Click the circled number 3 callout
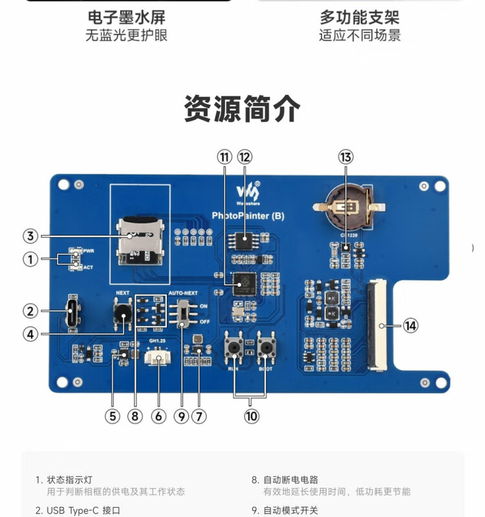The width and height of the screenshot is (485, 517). click(30, 236)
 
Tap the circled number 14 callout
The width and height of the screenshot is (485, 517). click(411, 325)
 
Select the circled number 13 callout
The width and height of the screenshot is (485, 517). click(346, 156)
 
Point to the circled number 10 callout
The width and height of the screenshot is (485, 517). click(252, 416)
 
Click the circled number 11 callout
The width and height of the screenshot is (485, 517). click(224, 156)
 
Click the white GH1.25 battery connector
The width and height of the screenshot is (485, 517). click(159, 357)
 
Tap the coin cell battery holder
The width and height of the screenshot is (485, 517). click(348, 206)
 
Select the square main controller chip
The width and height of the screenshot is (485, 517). click(244, 283)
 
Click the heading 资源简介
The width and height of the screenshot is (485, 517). click(242, 109)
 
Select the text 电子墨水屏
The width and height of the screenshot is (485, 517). click(126, 16)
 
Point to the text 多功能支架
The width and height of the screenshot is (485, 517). click(360, 16)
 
